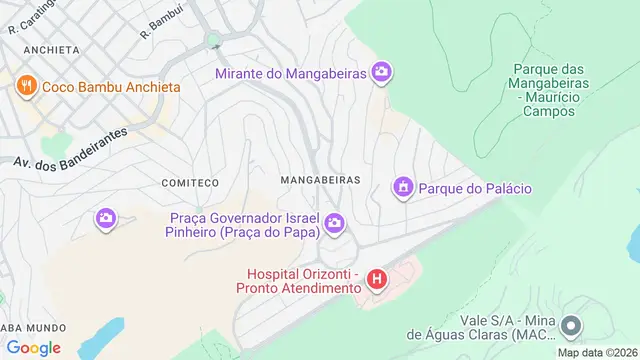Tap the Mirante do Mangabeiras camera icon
coord(381,71)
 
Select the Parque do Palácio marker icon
coord(402,187)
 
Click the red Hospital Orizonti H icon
coord(376,279)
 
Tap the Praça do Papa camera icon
coord(334,223)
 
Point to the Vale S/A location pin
coord(571,326)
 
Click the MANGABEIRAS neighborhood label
coord(320,180)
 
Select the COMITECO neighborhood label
coord(189,183)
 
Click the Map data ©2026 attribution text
coord(598,352)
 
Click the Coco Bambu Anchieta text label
coord(111,87)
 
